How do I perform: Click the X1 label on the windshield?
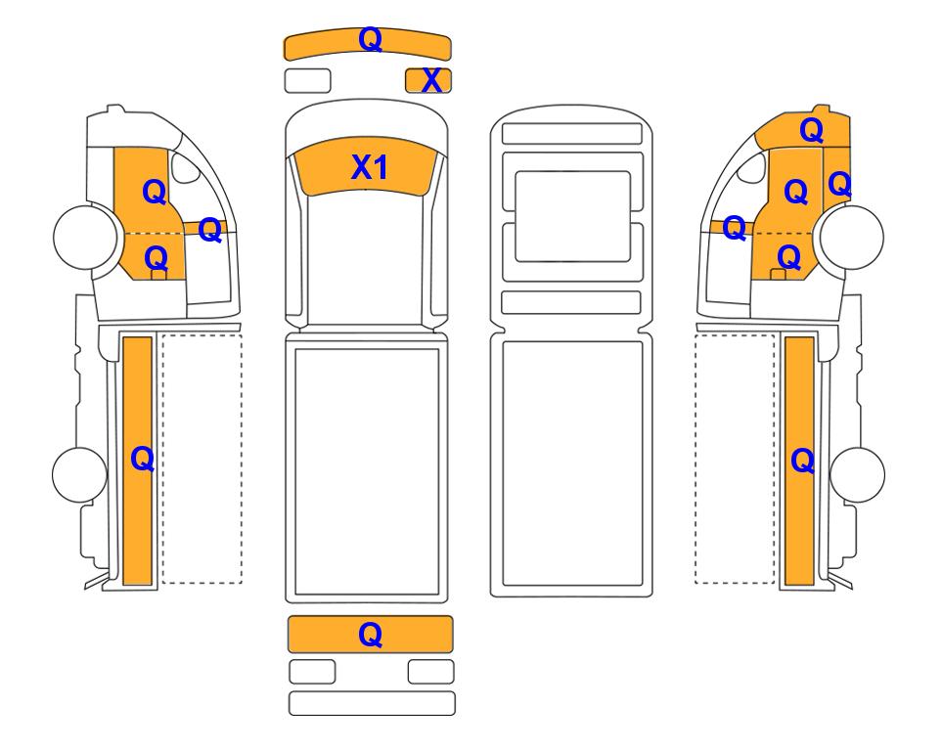tap(369, 167)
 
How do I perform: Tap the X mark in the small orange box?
tap(431, 81)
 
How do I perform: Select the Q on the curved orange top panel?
tap(370, 39)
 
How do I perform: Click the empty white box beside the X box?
tap(307, 81)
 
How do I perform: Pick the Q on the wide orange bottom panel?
tap(370, 635)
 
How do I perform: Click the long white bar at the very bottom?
tap(372, 703)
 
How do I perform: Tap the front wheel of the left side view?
tap(85, 236)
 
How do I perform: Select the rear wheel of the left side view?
tap(80, 474)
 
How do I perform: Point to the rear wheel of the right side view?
tap(857, 474)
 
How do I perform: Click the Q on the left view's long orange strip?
tap(143, 460)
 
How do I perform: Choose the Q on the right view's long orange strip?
tap(803, 462)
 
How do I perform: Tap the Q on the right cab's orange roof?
tap(812, 130)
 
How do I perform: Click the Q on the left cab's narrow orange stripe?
tap(209, 230)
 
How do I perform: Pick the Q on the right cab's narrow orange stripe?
tap(735, 228)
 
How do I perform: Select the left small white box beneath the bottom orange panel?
tap(312, 672)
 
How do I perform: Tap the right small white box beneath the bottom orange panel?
tap(430, 672)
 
